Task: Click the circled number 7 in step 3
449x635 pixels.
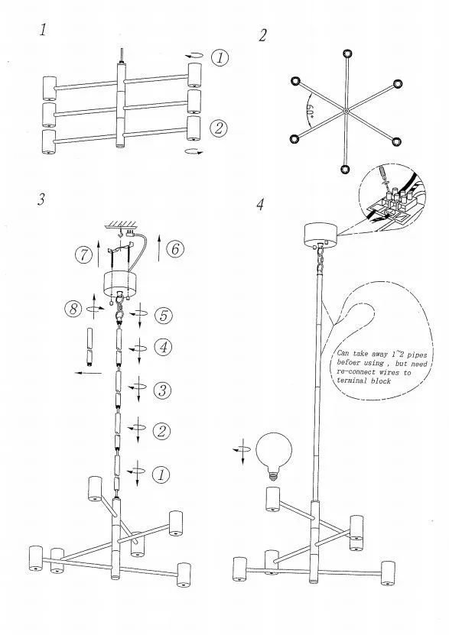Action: pyautogui.click(x=83, y=255)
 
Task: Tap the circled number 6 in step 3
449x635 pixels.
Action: pyautogui.click(x=175, y=248)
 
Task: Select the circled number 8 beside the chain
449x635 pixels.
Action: pyautogui.click(x=73, y=309)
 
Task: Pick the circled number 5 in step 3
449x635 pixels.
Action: pyautogui.click(x=164, y=316)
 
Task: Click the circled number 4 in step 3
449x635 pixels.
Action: pyautogui.click(x=163, y=347)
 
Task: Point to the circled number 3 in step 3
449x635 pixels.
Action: pyautogui.click(x=162, y=390)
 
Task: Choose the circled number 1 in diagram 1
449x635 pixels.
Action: pyautogui.click(x=220, y=58)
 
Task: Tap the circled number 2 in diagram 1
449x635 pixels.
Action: pyautogui.click(x=219, y=129)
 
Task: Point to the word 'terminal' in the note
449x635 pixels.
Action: pyautogui.click(x=352, y=381)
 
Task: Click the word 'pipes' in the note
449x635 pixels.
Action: pyautogui.click(x=418, y=355)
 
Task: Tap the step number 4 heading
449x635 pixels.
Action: pyautogui.click(x=260, y=205)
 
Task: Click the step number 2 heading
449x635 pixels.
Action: pyautogui.click(x=262, y=36)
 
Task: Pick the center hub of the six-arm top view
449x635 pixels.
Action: pyautogui.click(x=345, y=111)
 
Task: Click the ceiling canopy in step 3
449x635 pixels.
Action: pyautogui.click(x=119, y=283)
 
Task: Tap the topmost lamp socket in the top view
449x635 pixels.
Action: pyautogui.click(x=347, y=53)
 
